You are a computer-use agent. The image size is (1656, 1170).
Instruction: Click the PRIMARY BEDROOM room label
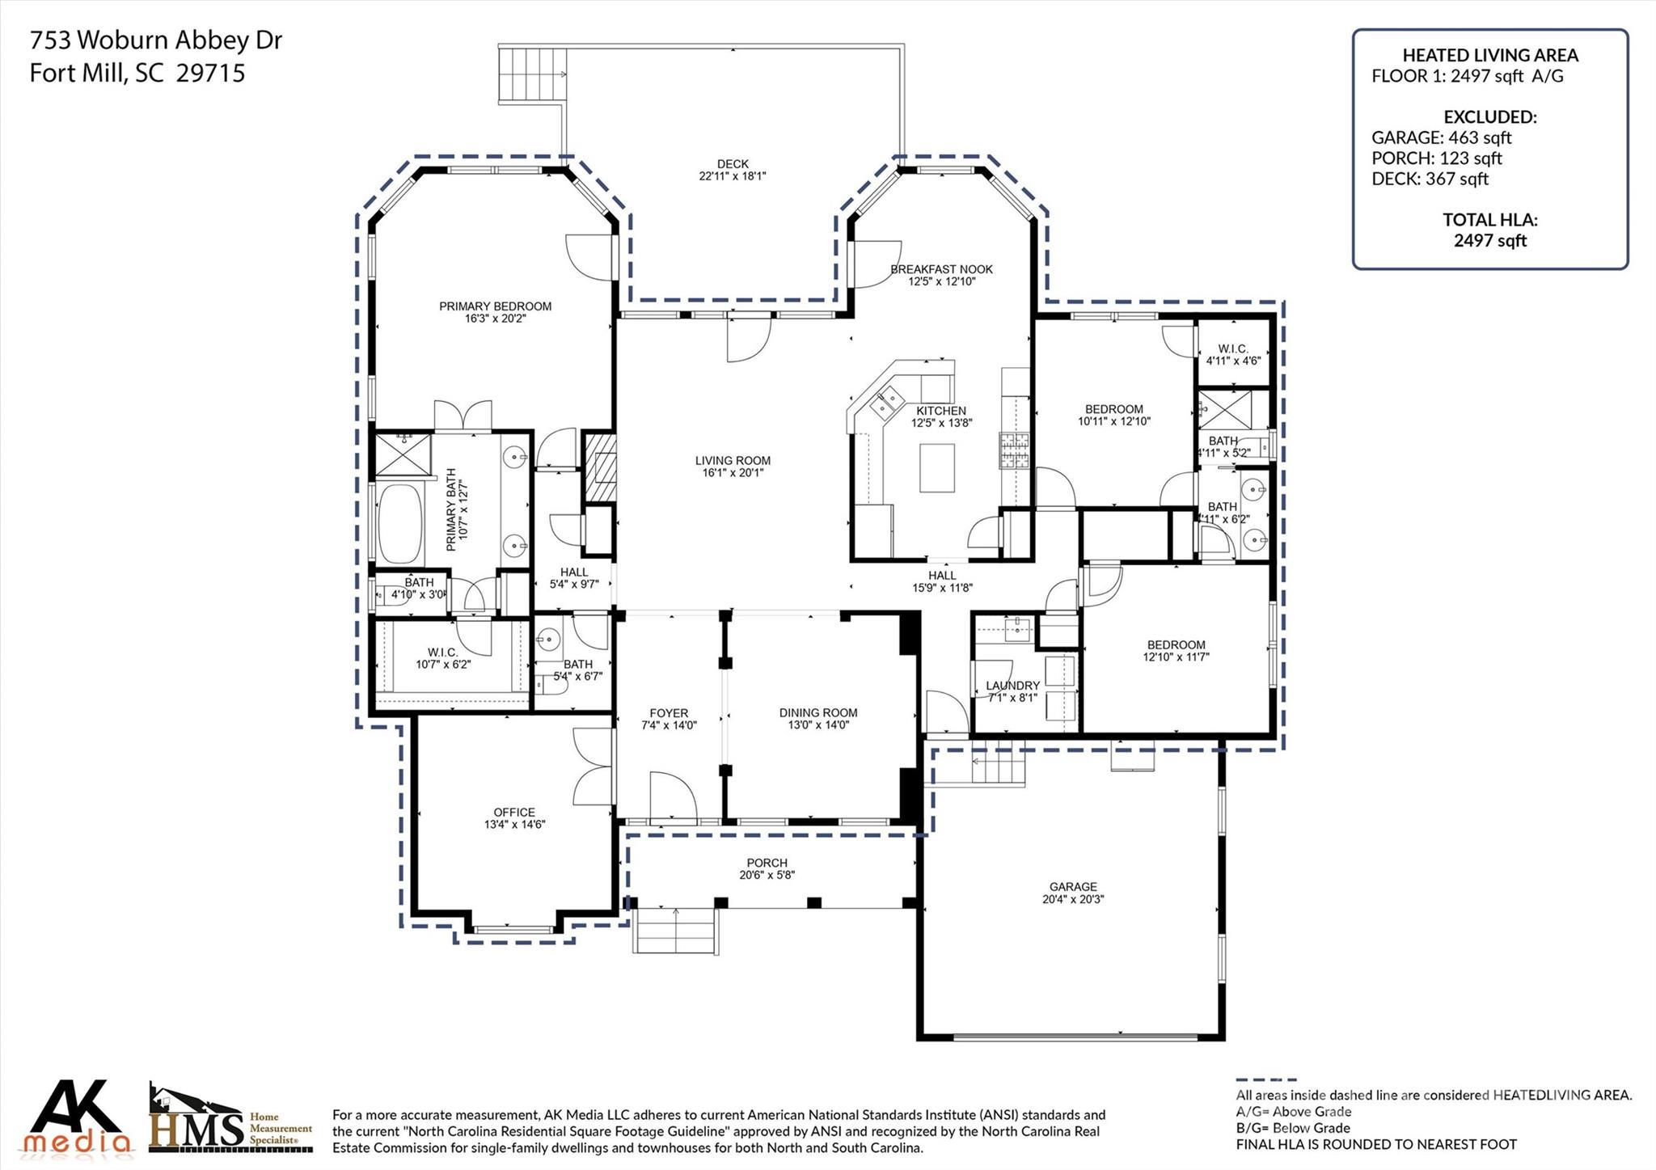495,306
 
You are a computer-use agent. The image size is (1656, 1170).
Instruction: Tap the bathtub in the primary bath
400,523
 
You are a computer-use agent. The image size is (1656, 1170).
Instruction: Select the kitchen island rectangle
936,467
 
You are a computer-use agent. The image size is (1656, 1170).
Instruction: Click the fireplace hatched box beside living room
600,468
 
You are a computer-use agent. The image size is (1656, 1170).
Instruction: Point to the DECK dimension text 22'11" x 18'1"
732,176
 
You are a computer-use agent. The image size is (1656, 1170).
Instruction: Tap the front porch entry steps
675,930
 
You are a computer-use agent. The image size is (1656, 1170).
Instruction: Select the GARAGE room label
1073,886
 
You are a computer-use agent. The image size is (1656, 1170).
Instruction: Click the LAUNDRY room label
1012,686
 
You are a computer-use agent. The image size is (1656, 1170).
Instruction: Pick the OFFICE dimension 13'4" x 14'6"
514,825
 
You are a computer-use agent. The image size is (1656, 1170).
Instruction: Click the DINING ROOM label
817,712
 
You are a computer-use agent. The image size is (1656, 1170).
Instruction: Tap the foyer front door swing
673,796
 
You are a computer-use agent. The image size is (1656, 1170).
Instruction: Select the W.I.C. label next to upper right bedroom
1233,348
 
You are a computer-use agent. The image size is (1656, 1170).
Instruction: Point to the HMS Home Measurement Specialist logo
230,1119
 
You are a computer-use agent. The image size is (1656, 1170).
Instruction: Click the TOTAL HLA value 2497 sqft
1489,240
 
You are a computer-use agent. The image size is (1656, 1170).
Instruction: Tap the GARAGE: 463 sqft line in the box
1441,137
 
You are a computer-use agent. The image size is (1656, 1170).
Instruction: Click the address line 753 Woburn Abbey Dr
156,40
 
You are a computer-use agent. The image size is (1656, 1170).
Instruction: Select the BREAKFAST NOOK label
941,269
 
